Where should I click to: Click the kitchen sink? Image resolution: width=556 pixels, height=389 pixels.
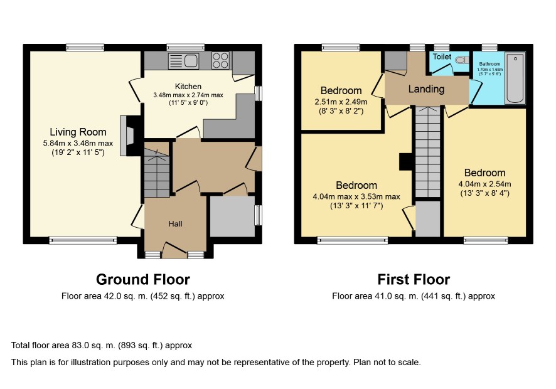coord(183,60)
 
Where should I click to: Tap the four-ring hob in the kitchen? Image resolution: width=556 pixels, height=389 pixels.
coord(220,60)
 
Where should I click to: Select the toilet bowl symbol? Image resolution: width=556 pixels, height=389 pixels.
coord(461,60)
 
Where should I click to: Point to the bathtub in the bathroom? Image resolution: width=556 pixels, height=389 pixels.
coord(515,78)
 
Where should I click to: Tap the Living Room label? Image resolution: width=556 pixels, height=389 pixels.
coord(78,132)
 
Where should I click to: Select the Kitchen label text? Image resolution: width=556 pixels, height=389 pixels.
coord(188,87)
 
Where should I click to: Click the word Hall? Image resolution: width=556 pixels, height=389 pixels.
coord(175,224)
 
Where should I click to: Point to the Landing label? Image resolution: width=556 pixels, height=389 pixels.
coord(426,89)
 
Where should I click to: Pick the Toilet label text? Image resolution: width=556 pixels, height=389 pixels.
coord(442,56)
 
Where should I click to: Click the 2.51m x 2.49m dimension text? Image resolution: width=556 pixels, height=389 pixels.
coord(341,102)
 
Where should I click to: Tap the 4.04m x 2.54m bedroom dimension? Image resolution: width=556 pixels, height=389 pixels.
coord(484,184)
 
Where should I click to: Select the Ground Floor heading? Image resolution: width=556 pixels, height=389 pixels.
coord(143,279)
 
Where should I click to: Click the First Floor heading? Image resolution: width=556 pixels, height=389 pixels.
coord(414,279)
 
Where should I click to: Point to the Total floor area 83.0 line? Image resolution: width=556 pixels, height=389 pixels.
coord(102,345)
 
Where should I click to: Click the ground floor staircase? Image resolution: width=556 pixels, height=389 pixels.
coord(158,169)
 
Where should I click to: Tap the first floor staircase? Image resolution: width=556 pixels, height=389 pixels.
coord(427,151)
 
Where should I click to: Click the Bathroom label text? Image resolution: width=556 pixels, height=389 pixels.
coord(489,64)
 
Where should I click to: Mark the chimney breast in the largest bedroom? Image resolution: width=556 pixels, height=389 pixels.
coord(405,162)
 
